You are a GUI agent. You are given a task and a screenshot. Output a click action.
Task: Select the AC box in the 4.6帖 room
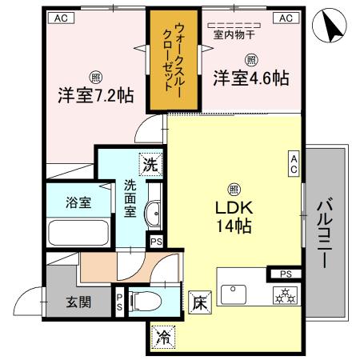click(284, 17)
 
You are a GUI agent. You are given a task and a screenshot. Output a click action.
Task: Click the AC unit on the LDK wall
click(294, 164)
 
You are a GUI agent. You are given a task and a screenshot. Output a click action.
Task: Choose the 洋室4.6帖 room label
click(250, 78)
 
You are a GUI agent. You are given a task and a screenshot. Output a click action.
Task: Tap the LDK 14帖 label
click(232, 216)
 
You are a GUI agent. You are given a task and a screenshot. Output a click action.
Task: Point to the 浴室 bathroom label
click(78, 202)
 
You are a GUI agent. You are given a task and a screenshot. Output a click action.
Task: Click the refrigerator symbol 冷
click(163, 336)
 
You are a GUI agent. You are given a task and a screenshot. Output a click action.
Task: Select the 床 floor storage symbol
click(200, 302)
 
